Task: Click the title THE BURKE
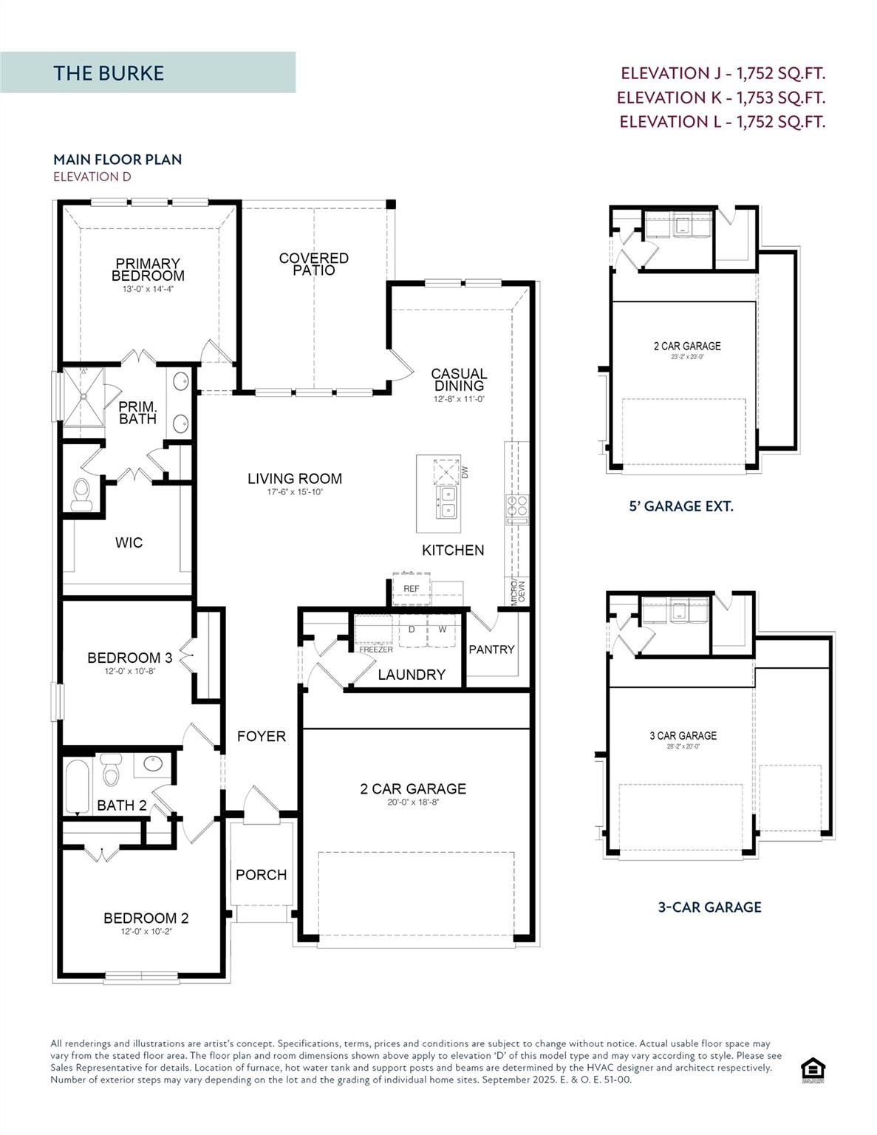coord(109,73)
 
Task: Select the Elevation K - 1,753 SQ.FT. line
coord(721,98)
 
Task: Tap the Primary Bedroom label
coord(148,270)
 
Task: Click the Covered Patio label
coord(313,264)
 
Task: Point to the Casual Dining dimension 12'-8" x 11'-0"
coord(459,399)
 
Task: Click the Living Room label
coord(294,479)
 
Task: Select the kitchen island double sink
coord(447,501)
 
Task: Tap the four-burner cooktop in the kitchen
coord(517,505)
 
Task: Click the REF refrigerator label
coord(412,589)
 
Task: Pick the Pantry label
coord(491,650)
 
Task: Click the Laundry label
coord(412,675)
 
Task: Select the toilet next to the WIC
coord(81,494)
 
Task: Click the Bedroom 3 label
coord(129,658)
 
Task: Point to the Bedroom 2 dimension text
coord(146,932)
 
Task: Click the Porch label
coord(261,875)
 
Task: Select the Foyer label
coord(261,737)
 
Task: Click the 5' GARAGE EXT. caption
coord(680,507)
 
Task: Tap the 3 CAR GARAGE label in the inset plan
coord(683,736)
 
